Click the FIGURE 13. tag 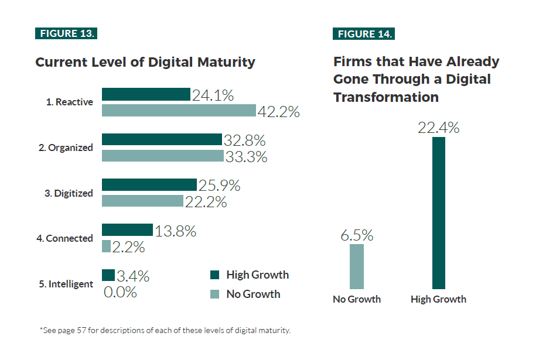(66, 33)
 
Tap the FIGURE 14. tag (364, 33)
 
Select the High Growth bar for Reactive (146, 95)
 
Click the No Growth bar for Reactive (179, 111)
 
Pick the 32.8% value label (244, 140)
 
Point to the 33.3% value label (246, 157)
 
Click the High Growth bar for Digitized (149, 185)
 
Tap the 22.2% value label (206, 202)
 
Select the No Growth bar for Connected (106, 246)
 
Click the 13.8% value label (175, 231)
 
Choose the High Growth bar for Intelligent (108, 276)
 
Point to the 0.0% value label (120, 292)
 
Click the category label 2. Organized (66, 148)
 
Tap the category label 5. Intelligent (66, 284)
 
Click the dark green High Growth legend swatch (214, 275)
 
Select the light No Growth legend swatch (214, 294)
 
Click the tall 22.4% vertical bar (438, 213)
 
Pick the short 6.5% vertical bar (357, 266)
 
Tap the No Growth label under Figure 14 (357, 299)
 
